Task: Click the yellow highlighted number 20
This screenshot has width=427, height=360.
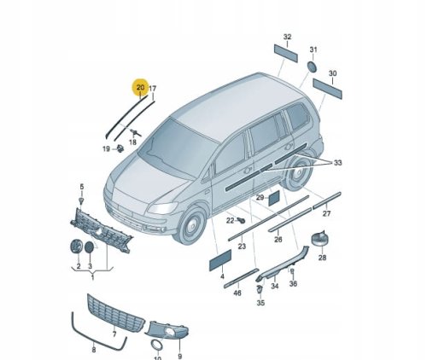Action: click(140, 87)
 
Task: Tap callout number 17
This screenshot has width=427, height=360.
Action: click(153, 89)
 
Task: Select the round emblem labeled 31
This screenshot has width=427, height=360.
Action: click(313, 67)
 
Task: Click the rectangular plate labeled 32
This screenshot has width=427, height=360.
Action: click(286, 53)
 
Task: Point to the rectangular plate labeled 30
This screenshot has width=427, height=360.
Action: click(327, 89)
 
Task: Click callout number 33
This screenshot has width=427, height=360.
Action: click(337, 163)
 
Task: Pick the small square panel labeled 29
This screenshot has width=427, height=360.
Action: click(275, 198)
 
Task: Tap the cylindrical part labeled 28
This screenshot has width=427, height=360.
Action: click(319, 239)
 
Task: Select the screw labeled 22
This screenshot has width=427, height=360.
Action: click(242, 220)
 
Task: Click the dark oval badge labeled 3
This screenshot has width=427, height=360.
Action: click(90, 247)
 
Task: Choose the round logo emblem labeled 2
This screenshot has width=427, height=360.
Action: click(76, 247)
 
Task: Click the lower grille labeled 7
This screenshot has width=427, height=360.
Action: click(115, 313)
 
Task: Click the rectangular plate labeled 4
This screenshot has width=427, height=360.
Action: click(220, 260)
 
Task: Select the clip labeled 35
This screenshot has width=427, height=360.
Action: click(260, 289)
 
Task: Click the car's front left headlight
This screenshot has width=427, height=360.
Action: click(162, 208)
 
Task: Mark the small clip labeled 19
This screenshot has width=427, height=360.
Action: click(120, 148)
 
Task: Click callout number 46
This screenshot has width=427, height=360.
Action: click(237, 293)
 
